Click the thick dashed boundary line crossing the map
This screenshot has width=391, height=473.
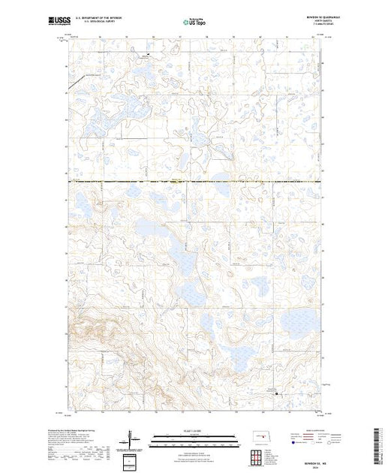[195, 182]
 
